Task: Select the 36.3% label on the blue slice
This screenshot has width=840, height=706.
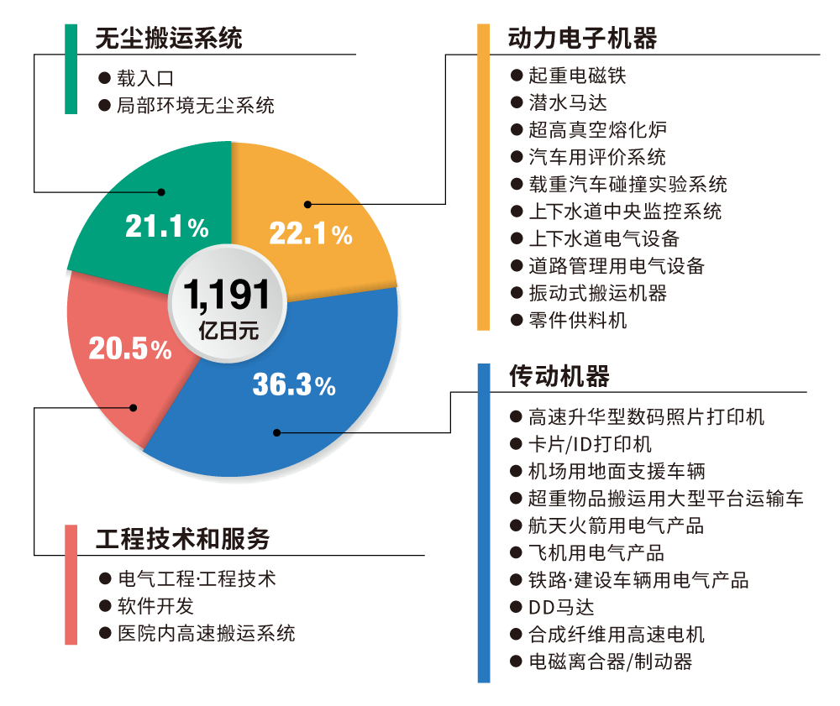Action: pos(294,384)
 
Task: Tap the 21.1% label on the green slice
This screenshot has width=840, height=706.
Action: pos(166,225)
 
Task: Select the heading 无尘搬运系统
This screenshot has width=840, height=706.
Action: pos(169,39)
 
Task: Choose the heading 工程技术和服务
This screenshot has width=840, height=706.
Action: pos(182,538)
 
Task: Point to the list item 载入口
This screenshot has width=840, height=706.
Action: pos(145,78)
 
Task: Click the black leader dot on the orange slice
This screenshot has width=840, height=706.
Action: pos(308,203)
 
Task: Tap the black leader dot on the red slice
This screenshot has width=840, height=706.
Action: pos(133,408)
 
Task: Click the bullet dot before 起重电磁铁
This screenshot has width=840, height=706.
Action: pos(517,76)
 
